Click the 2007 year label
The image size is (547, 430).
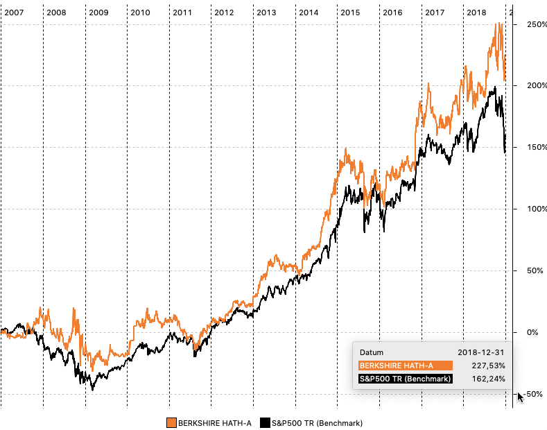[14, 12]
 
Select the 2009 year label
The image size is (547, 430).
[98, 12]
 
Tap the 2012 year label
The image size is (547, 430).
[224, 12]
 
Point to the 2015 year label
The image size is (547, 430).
[351, 12]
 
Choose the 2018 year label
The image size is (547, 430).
[476, 12]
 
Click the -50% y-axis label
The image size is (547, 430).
[532, 394]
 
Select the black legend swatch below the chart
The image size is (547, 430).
[263, 422]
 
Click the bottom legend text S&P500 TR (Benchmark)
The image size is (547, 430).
[316, 422]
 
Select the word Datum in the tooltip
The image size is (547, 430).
[371, 352]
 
